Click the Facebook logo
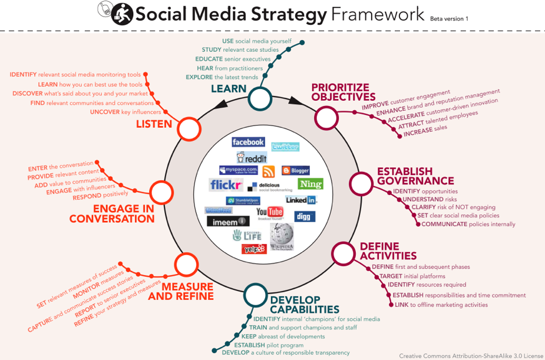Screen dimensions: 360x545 point(248,142)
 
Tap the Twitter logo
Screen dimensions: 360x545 point(285,147)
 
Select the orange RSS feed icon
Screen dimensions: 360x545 point(269,172)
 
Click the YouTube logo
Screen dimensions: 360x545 point(270,212)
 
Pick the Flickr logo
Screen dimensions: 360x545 point(226,185)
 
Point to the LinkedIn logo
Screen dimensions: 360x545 point(300,200)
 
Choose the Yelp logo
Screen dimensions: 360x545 point(254,249)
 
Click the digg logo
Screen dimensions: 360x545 point(305,216)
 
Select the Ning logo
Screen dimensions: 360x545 point(310,184)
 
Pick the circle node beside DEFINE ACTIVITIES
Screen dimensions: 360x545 point(342,253)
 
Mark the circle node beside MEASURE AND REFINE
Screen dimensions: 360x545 point(186,265)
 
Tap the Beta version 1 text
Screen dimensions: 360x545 point(449,18)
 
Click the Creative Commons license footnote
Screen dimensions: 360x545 point(470,355)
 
